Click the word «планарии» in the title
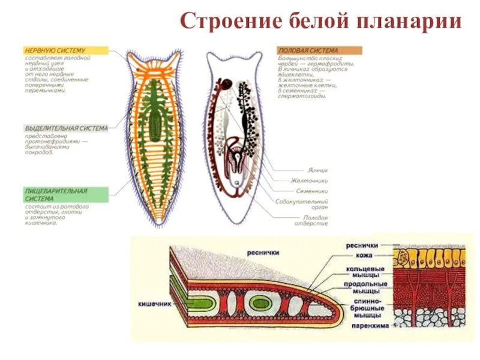point(409,22)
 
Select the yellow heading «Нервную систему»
point(55,50)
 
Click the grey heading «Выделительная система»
point(66,128)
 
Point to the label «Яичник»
point(315,170)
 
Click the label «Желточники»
point(309,180)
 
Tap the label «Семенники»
point(311,191)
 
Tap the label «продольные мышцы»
point(365,288)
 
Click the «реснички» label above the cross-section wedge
point(262,253)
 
